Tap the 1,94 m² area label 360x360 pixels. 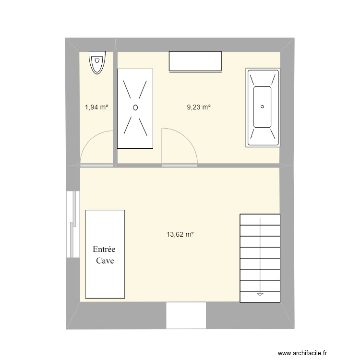(96, 108)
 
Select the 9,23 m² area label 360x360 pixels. (199, 108)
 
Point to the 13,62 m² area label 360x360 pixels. (180, 235)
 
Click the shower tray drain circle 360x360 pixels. (135, 108)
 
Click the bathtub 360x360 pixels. (262, 108)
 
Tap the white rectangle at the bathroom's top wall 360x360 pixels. (195, 61)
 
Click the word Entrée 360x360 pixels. (104, 250)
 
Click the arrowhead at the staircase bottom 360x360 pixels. (260, 293)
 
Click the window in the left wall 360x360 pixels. (73, 224)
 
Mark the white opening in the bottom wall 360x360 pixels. (186, 315)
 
